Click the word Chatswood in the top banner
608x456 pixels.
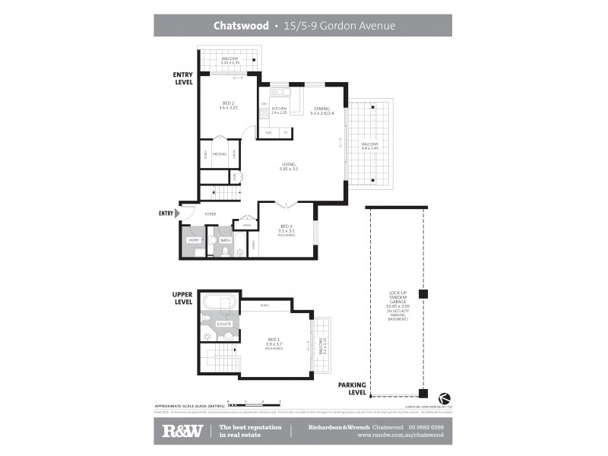pyautogui.click(x=240, y=25)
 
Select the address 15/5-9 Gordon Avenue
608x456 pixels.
pyautogui.click(x=337, y=25)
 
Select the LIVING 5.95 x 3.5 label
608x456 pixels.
pyautogui.click(x=288, y=166)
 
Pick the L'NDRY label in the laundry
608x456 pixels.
pyautogui.click(x=193, y=240)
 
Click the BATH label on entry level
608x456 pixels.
pyautogui.click(x=225, y=240)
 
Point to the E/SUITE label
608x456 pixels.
pyautogui.click(x=223, y=325)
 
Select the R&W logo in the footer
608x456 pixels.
pyautogui.click(x=182, y=431)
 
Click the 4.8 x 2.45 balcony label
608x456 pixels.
pyautogui.click(x=369, y=147)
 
